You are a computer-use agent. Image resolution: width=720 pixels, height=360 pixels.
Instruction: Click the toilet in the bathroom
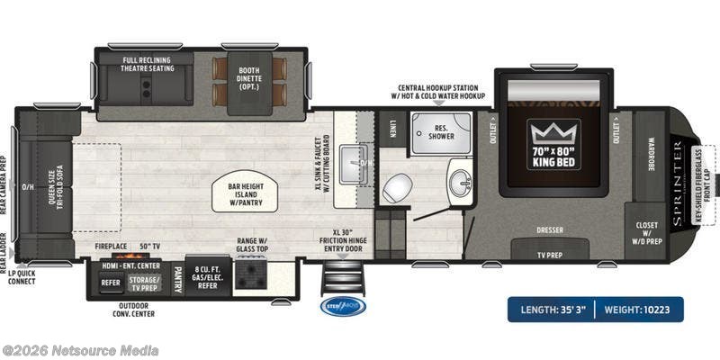396,188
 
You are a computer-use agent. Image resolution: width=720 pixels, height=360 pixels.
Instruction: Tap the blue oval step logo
344,306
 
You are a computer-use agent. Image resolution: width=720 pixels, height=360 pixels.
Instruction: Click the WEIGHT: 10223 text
644,310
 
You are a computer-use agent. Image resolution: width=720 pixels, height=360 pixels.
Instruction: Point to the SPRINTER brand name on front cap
676,180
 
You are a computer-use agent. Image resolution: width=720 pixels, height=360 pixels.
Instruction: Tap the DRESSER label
549,229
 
